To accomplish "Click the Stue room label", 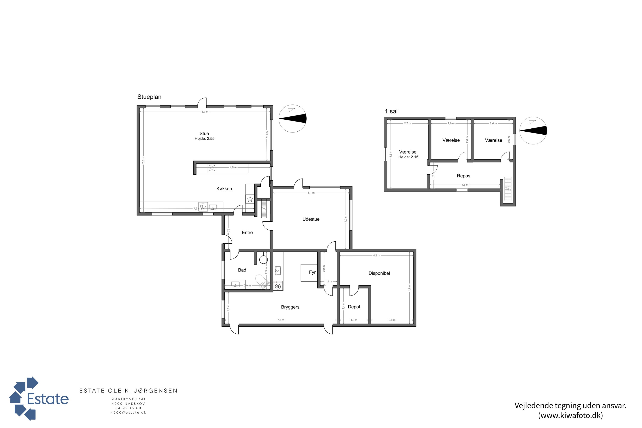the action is click(204, 134).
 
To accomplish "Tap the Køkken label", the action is click(224, 189).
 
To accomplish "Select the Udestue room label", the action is click(311, 219).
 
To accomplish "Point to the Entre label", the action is click(247, 233).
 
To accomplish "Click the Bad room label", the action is click(242, 270).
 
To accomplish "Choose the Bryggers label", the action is click(290, 307).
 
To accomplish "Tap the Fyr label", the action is click(312, 272).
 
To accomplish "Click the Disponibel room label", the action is click(379, 273).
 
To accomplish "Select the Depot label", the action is click(354, 307).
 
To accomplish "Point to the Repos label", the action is click(464, 176).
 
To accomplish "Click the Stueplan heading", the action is click(149, 97).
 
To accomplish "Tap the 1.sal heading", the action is click(391, 111).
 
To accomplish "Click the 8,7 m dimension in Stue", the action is click(205, 112).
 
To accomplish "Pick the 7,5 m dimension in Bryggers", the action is click(281, 320).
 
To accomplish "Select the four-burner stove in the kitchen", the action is click(212, 168).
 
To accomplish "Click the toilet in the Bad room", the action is click(261, 280).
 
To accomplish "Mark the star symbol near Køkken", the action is click(250, 199).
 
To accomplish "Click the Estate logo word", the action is click(48, 399).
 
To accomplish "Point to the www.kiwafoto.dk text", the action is click(571, 415).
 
